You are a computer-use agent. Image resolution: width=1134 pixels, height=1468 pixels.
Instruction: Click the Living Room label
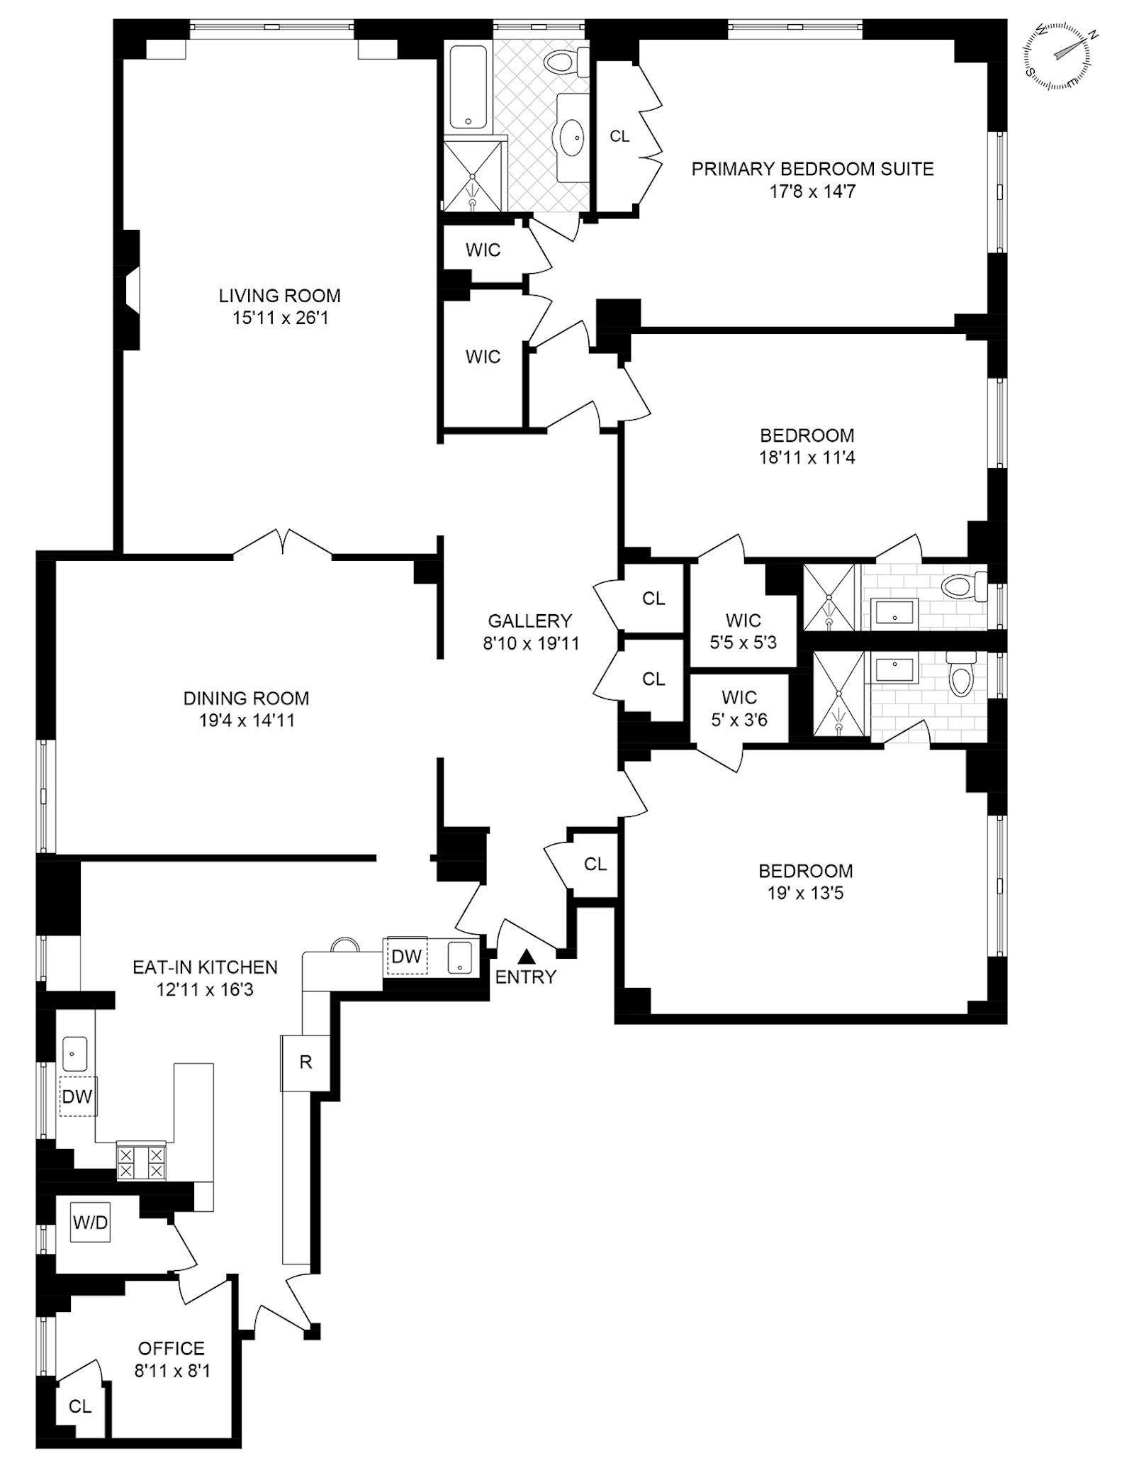pos(279,295)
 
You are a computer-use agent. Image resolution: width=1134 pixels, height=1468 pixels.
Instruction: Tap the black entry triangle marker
pos(526,955)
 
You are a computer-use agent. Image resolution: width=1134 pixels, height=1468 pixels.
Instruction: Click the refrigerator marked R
pos(305,1062)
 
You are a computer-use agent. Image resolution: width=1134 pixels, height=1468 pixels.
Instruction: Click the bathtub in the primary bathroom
pos(467,87)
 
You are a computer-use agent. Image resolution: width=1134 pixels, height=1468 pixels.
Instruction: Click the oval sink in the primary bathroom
pos(573,136)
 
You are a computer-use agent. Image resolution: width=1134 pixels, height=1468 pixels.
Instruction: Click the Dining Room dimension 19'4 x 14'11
pos(246,721)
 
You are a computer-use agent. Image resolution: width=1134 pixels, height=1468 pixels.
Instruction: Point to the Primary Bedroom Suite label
pos(812,169)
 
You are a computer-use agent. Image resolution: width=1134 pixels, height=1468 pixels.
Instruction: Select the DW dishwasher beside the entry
pos(406,956)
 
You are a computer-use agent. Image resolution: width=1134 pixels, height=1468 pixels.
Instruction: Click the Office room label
pos(172,1348)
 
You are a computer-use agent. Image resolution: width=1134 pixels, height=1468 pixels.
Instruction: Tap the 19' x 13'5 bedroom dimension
pos(805,893)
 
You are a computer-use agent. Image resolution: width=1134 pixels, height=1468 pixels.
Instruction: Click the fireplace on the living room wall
pos(132,291)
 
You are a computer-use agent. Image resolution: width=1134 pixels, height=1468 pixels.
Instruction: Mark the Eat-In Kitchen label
pos(205,967)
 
